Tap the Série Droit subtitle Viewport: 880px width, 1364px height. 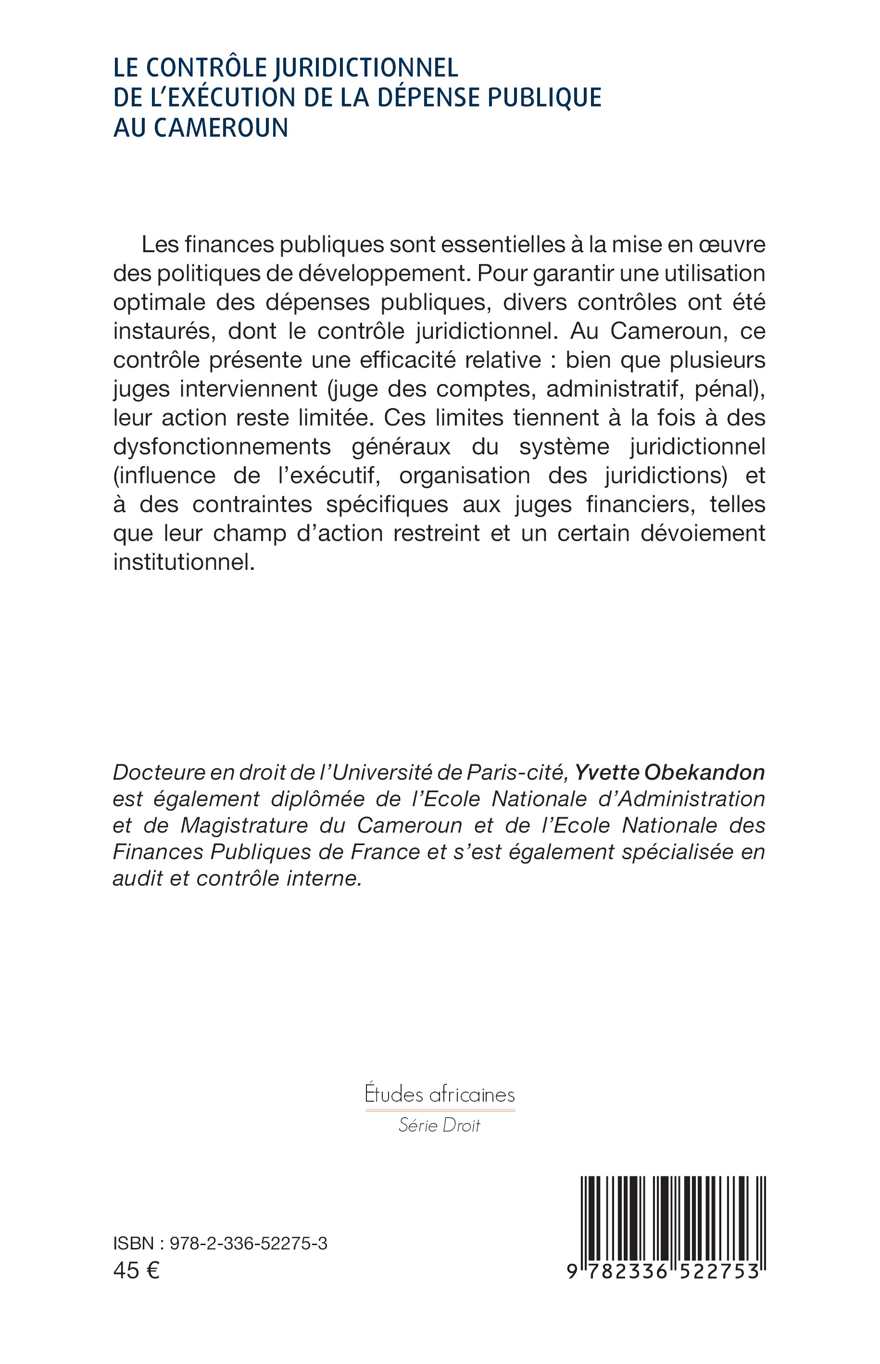440,1125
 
